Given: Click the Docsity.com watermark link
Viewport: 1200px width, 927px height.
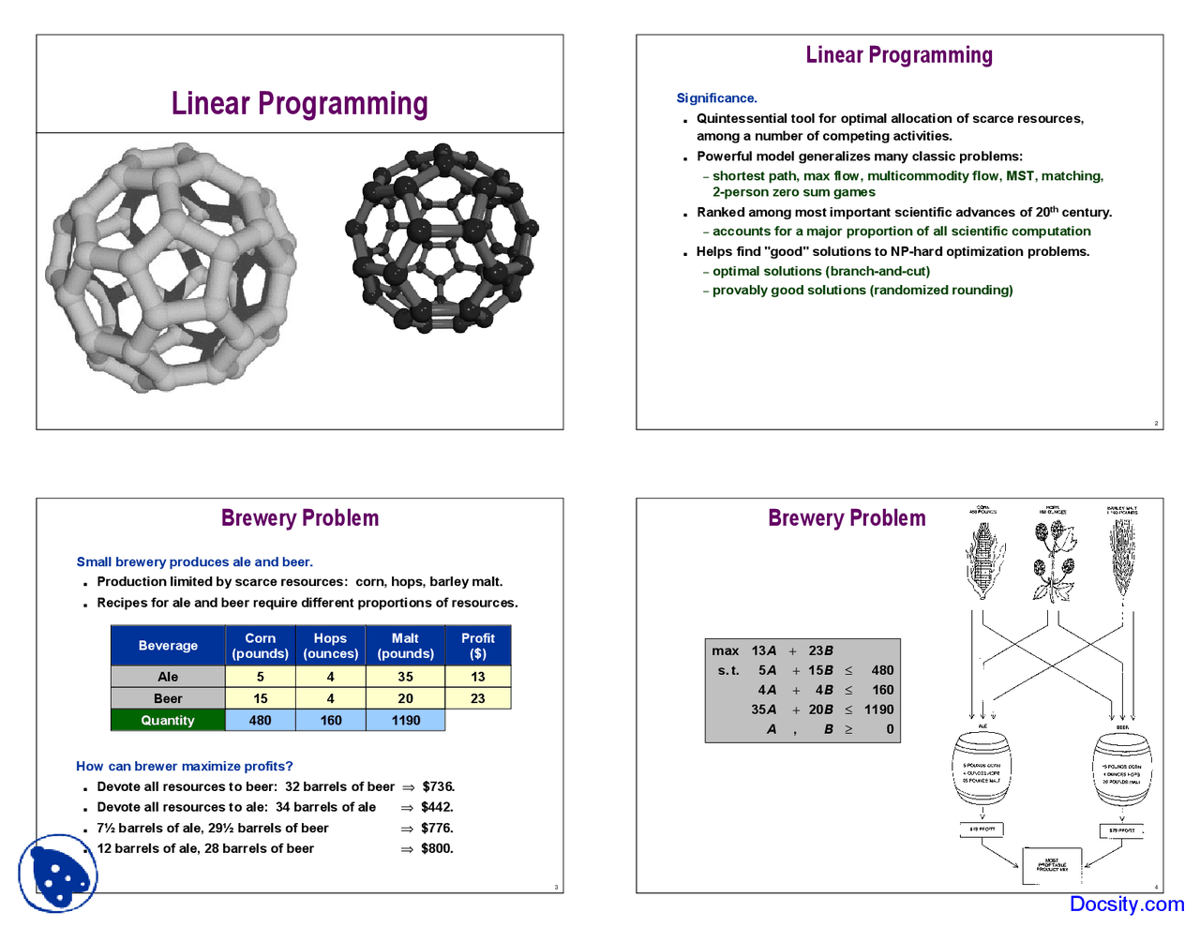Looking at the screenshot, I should point(1126,904).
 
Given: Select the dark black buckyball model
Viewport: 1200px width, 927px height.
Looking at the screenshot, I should point(442,238).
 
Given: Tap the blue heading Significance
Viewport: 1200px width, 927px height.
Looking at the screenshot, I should point(716,98).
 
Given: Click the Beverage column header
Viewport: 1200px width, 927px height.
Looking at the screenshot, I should point(168,646).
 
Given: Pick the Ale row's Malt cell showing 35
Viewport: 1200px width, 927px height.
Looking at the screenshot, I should point(405,677).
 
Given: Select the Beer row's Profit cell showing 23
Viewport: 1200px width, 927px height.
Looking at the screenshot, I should point(477,698).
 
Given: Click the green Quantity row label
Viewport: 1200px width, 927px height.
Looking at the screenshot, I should point(168,721).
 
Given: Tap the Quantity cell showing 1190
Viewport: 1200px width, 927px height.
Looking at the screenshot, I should point(405,721).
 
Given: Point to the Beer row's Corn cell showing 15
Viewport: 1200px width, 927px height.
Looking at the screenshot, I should point(260,698).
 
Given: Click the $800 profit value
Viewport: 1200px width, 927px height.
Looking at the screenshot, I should point(437,849).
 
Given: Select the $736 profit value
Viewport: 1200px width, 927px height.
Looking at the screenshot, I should point(438,787).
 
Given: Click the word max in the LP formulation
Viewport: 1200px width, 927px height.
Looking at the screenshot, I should point(725,650).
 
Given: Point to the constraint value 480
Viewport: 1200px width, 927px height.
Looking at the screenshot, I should point(881,670).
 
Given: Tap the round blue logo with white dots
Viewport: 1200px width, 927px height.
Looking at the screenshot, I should point(58,874).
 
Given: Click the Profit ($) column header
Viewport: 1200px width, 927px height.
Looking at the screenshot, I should point(477,646).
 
